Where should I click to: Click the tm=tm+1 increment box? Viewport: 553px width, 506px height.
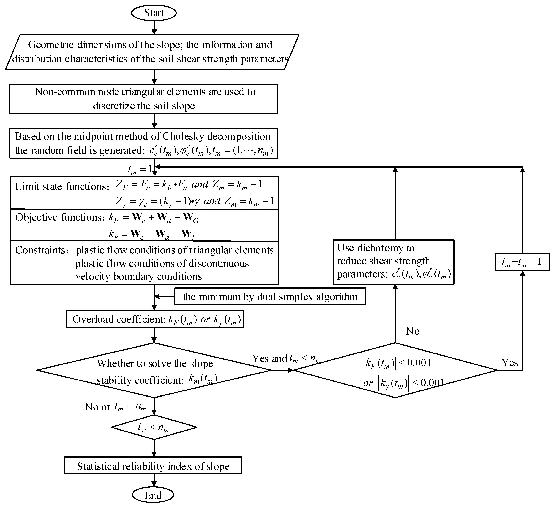tap(522, 262)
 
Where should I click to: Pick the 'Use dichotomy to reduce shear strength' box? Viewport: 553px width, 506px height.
tap(393, 262)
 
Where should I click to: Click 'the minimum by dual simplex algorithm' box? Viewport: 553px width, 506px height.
tap(270, 297)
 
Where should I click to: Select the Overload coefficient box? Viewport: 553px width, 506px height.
tap(155, 319)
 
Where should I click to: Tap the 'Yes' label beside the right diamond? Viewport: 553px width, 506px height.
tap(510, 363)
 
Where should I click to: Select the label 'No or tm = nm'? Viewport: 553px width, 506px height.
tap(115, 407)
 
